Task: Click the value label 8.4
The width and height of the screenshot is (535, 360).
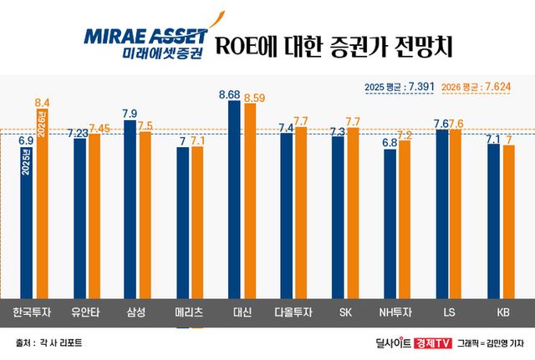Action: pyautogui.click(x=41, y=102)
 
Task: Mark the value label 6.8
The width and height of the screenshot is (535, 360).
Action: pyautogui.click(x=390, y=143)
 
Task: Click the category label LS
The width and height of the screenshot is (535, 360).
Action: pyautogui.click(x=450, y=314)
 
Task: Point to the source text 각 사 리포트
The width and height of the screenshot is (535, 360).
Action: pyautogui.click(x=59, y=342)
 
